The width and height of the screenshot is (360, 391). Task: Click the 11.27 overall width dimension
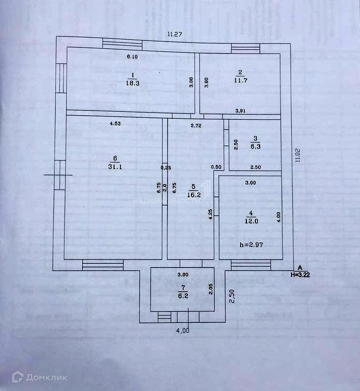point(175,35)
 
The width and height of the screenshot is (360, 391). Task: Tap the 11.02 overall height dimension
point(298,155)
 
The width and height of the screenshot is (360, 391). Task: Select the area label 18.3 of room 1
point(132,82)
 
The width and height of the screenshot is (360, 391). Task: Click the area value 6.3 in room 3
point(255,147)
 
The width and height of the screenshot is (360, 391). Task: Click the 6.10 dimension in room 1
point(133,57)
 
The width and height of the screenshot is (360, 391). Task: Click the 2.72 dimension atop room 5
point(196,126)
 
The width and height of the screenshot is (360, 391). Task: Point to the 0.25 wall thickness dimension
point(165,167)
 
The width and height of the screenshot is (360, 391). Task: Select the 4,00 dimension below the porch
point(182,330)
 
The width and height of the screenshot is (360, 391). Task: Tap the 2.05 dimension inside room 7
point(210,289)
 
